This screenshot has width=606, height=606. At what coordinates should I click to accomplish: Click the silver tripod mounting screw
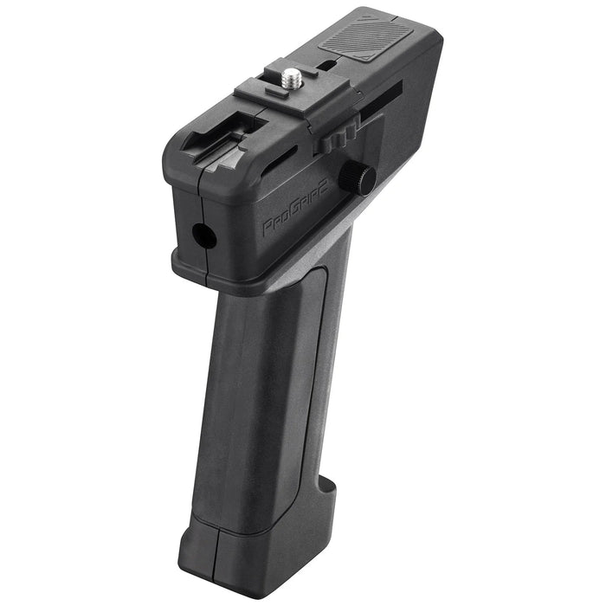point(293,78)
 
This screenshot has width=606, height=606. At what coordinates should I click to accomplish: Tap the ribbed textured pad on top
point(364,39)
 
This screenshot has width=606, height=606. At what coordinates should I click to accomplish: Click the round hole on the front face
point(203,235)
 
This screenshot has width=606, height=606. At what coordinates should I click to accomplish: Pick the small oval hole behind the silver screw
point(327,66)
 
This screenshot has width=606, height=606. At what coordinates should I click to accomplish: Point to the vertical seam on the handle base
point(215,554)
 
